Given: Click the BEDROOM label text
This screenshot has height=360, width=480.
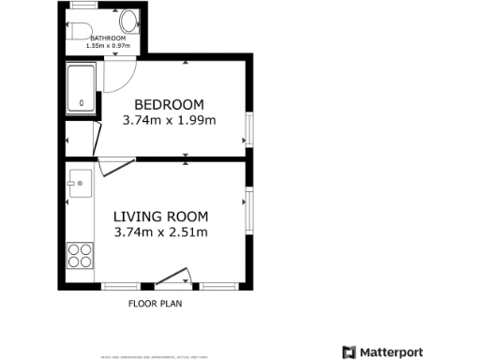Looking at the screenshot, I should click(x=169, y=104).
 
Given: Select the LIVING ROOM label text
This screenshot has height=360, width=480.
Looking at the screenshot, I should click(x=160, y=216).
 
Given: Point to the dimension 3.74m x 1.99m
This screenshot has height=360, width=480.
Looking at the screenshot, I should click(x=169, y=120).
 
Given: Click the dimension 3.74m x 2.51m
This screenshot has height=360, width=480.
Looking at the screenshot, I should click(x=160, y=232).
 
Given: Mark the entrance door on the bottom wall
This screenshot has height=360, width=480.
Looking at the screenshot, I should click(x=173, y=277).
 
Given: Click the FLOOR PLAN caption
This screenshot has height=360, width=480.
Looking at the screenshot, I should click(x=155, y=304).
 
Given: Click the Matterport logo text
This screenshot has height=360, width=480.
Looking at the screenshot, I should click(x=390, y=352).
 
